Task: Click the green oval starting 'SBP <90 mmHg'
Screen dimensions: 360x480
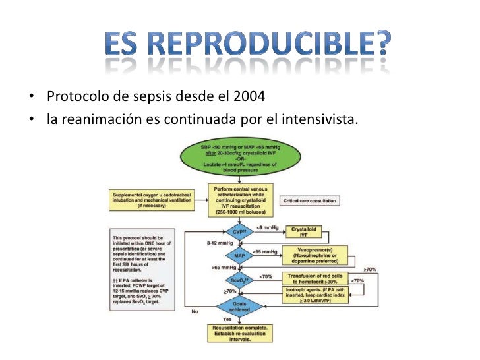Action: [x=239, y=158]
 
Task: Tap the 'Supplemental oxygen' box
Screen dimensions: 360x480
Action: [x=152, y=200]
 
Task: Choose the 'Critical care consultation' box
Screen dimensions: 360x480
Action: [x=309, y=200]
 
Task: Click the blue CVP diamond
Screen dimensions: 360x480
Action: [x=239, y=233]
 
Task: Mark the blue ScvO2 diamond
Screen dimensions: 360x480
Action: [x=239, y=280]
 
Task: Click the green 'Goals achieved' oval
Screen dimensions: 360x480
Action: [x=239, y=305]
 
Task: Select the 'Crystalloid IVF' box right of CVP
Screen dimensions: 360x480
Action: [x=304, y=232]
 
